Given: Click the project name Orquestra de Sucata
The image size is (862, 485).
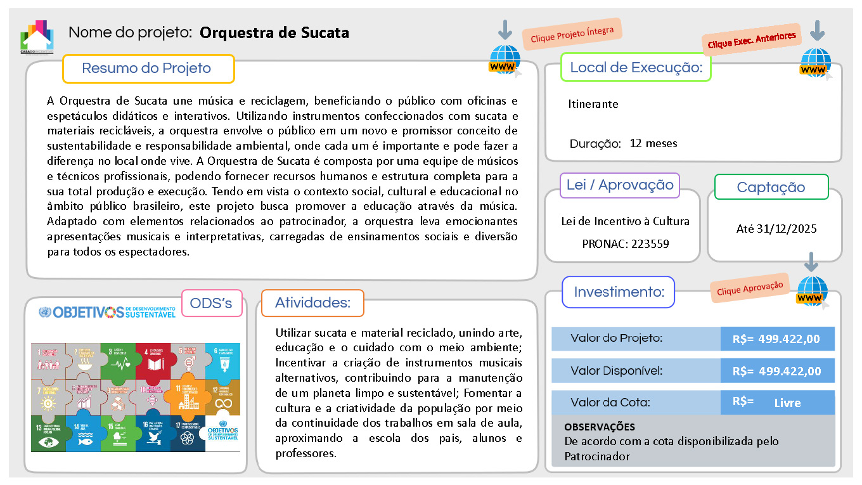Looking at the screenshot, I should (x=274, y=32).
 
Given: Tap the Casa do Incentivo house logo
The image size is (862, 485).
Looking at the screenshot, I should (x=37, y=37).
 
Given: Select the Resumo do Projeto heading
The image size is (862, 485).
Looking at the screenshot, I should (x=147, y=68).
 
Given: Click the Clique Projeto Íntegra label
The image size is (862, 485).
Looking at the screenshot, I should (x=572, y=34).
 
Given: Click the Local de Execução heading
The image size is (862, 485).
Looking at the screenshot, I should (x=636, y=68).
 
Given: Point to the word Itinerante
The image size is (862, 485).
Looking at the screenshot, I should (x=593, y=104).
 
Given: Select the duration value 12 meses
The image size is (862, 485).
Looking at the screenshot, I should (x=653, y=143).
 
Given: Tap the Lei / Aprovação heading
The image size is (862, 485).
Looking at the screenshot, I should (x=620, y=185).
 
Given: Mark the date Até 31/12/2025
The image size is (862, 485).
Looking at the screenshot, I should (x=776, y=229).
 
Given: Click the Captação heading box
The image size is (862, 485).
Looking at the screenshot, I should (x=771, y=187).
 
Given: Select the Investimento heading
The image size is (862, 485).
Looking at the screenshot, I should (x=619, y=292).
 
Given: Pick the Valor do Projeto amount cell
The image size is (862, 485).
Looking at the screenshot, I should (x=777, y=339).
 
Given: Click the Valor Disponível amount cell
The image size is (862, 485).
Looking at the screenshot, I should (x=777, y=371).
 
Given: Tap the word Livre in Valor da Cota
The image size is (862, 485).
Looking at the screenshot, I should (x=787, y=403).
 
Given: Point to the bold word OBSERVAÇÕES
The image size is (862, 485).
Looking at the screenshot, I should (x=599, y=427).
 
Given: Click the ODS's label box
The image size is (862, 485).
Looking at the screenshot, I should (x=212, y=304).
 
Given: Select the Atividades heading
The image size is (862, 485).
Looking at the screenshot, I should (x=312, y=303).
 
